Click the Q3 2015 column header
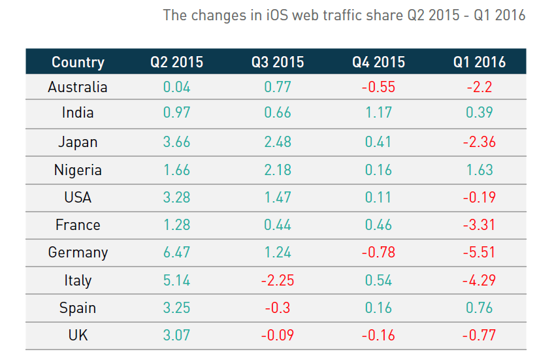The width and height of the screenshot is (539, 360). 278,62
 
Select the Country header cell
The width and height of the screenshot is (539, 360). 78,62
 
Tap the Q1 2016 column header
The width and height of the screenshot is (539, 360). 480,62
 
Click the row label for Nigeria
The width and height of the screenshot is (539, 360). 78,171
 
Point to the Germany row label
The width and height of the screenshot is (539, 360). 78,253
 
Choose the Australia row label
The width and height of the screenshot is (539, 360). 78,87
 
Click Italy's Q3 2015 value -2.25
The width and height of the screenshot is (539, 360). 277,281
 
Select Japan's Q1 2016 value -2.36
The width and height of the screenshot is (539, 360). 480,142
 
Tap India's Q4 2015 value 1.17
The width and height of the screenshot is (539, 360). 379,112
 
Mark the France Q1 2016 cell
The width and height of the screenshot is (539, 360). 480,225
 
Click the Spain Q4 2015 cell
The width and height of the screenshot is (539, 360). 379,308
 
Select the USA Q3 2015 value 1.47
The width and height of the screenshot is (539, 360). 278,197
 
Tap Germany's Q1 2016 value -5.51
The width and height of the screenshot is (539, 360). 480,253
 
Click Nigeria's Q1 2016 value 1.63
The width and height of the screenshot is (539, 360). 480,171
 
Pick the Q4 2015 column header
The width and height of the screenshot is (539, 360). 379,62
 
